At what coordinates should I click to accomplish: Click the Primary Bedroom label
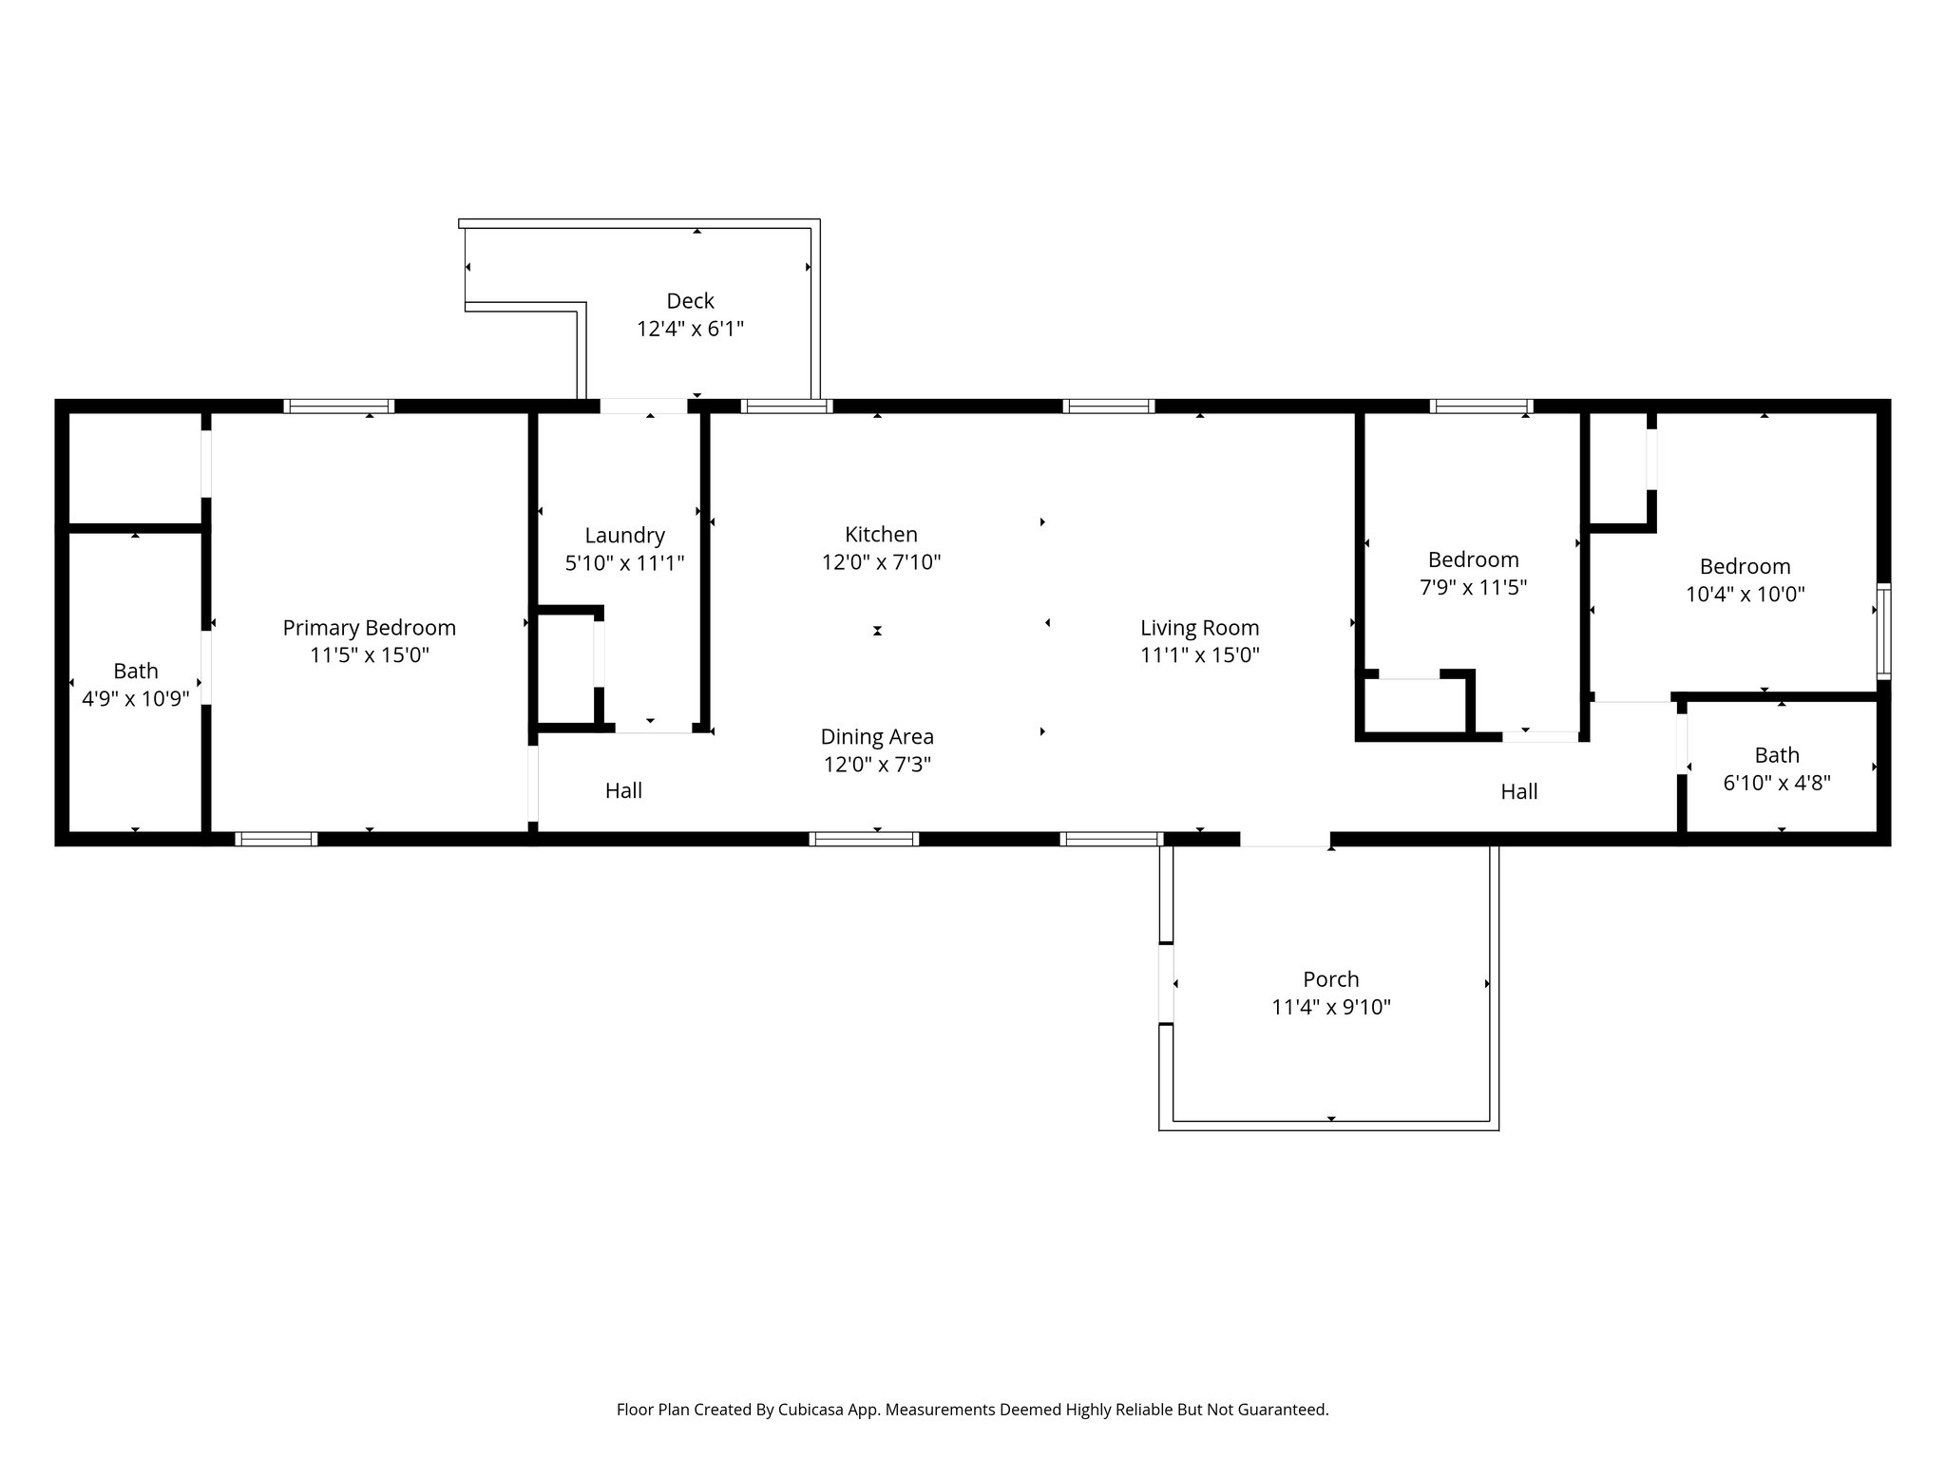click(x=369, y=628)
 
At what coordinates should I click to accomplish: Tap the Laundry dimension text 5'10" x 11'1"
click(x=624, y=563)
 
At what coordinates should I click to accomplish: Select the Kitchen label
click(x=881, y=534)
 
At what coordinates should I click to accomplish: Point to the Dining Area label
click(x=876, y=736)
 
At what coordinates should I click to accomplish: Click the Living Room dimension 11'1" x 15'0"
click(x=1199, y=654)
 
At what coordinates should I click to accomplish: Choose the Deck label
click(x=690, y=301)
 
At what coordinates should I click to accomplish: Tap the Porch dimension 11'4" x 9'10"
click(x=1330, y=1007)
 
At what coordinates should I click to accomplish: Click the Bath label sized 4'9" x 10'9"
click(x=136, y=671)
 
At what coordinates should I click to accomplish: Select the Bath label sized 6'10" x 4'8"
click(x=1776, y=755)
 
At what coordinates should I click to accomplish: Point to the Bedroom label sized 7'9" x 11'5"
click(x=1473, y=559)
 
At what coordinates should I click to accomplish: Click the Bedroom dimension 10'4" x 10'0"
click(x=1745, y=595)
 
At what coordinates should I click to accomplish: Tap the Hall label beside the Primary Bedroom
click(x=623, y=790)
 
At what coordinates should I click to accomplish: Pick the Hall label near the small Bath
click(x=1518, y=791)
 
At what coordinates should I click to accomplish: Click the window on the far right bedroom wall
click(x=1882, y=631)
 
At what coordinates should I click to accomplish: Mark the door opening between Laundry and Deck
click(x=643, y=407)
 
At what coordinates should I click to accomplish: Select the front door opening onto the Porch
click(x=1285, y=839)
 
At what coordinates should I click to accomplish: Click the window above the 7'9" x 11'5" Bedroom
click(x=1480, y=407)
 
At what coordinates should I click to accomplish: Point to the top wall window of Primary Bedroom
click(x=339, y=407)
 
